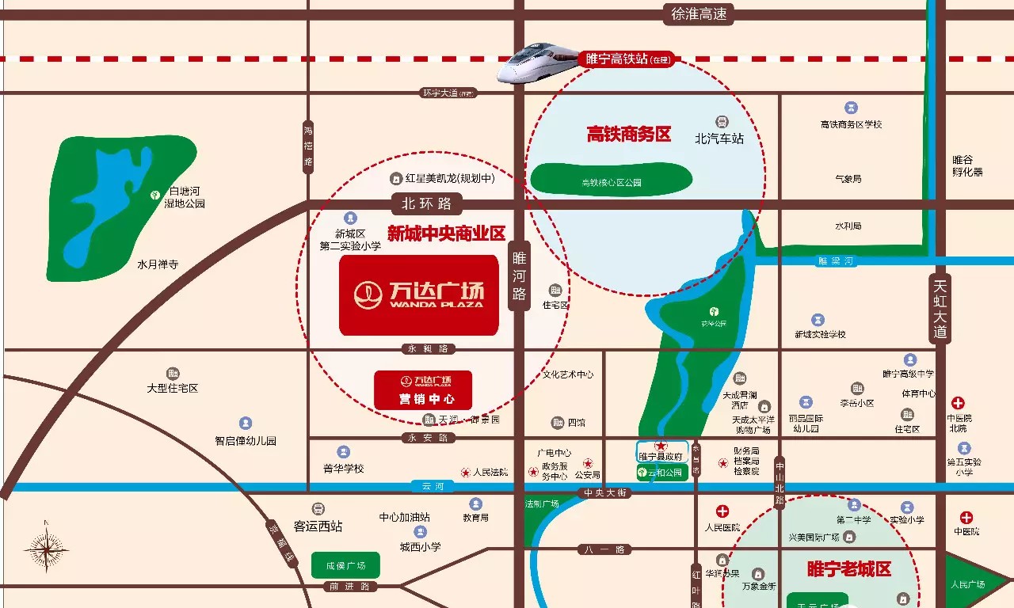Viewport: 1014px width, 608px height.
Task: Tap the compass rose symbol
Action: [x=46, y=548]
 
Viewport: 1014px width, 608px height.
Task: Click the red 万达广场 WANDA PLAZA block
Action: [x=418, y=294]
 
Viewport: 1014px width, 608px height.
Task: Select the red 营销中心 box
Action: [x=423, y=390]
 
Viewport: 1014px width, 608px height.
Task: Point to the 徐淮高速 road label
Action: [x=699, y=14]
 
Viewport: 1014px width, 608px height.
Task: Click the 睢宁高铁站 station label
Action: [x=626, y=59]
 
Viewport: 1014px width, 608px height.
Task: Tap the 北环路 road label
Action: [x=427, y=203]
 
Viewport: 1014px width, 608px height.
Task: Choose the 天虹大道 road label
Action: [x=940, y=309]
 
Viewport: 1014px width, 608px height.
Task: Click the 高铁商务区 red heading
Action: [x=628, y=135]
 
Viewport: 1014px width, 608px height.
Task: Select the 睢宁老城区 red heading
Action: [x=848, y=568]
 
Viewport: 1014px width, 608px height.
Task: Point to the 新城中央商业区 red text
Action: [x=446, y=234]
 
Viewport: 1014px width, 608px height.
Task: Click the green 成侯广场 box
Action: [x=345, y=565]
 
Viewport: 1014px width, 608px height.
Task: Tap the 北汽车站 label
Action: [x=719, y=139]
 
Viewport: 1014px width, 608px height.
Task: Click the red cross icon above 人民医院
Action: [x=722, y=511]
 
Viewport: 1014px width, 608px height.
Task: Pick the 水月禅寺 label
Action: [x=158, y=264]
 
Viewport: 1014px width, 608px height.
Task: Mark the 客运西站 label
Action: [x=318, y=526]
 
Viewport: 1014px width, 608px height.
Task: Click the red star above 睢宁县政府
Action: [x=660, y=446]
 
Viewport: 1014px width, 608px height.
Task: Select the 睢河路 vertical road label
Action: [x=519, y=277]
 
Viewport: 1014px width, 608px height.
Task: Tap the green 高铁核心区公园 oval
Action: [x=610, y=179]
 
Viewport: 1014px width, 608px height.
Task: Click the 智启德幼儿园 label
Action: [x=246, y=441]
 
